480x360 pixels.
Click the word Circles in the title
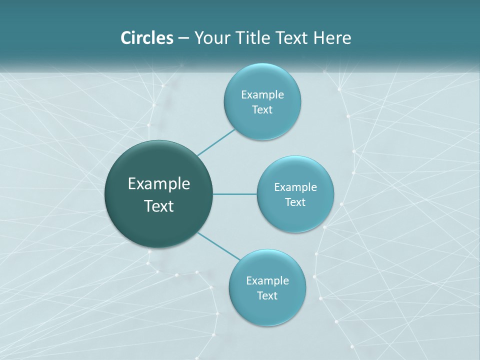pyautogui.click(x=146, y=38)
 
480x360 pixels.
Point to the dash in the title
pyautogui.click(x=183, y=38)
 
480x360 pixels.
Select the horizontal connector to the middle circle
pyautogui.click(x=235, y=194)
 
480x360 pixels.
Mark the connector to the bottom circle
pyautogui.click(x=219, y=246)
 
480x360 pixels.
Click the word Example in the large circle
pyautogui.click(x=159, y=184)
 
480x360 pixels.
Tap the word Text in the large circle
pyautogui.click(x=159, y=206)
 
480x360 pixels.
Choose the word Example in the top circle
pyautogui.click(x=262, y=95)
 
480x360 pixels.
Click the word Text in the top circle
pyautogui.click(x=262, y=110)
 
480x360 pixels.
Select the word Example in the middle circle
pyautogui.click(x=295, y=187)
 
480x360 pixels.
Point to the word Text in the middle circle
pyautogui.click(x=295, y=202)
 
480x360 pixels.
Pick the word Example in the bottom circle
pyautogui.click(x=267, y=281)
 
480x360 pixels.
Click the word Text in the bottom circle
pyautogui.click(x=267, y=296)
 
